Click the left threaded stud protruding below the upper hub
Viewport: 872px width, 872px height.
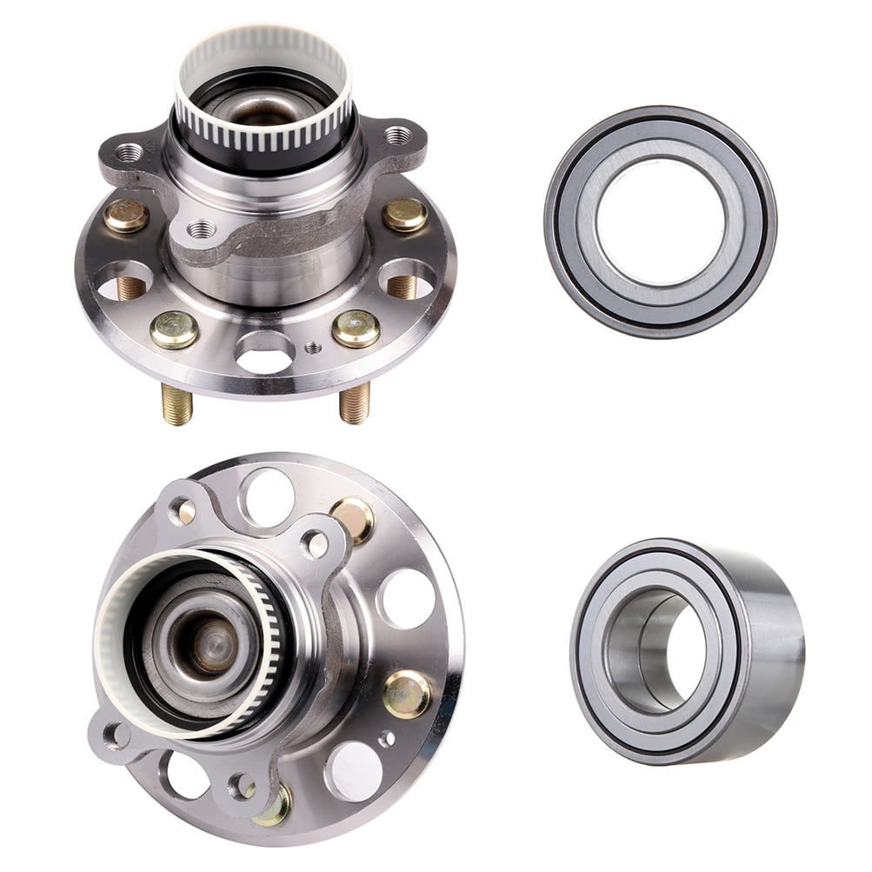176,404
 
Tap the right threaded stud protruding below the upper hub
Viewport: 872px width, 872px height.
354,403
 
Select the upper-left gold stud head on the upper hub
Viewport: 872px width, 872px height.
126,216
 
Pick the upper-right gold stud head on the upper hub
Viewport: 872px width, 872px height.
405,214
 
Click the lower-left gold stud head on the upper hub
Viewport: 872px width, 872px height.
174,329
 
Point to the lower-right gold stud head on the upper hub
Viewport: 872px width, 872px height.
356,328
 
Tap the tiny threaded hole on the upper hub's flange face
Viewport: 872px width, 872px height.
312,348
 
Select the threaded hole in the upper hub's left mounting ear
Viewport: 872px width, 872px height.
129,153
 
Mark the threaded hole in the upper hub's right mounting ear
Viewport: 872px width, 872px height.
397,135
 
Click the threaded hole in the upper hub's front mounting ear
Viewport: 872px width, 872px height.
202,230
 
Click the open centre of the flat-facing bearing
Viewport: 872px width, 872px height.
659,221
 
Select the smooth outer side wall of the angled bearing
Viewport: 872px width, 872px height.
769,648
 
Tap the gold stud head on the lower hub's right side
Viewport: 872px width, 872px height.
406,694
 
